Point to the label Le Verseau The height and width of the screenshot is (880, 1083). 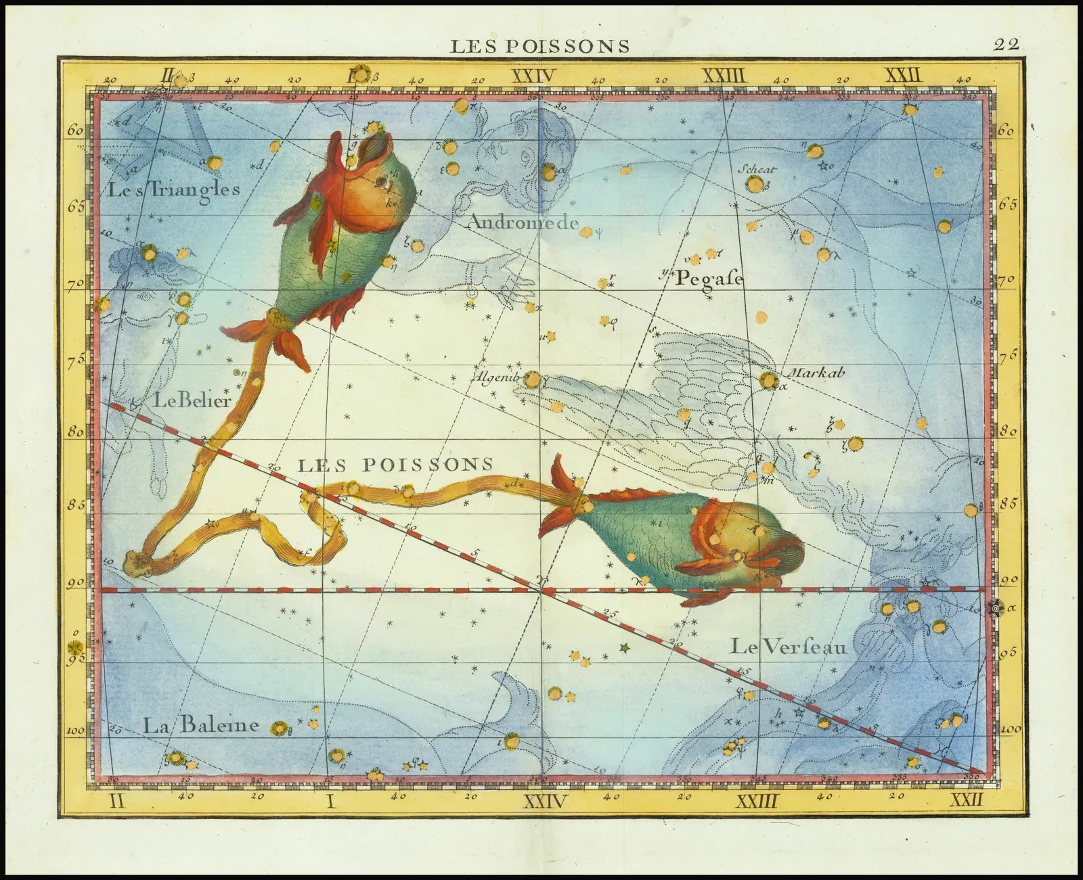click(788, 647)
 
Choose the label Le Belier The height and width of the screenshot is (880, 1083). click(193, 400)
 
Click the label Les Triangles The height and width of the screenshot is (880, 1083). click(173, 189)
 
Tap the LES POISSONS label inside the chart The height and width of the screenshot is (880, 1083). click(395, 465)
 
